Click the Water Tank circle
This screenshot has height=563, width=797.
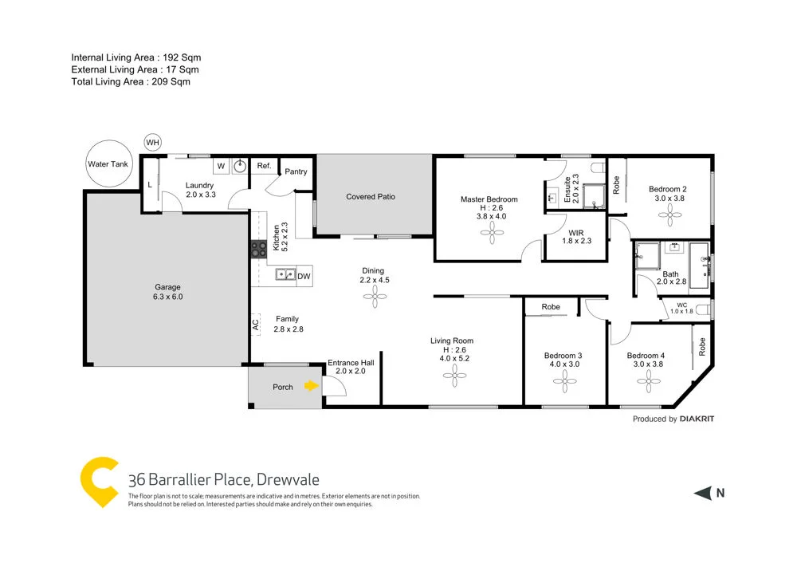(108, 164)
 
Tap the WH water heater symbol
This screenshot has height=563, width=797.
(152, 143)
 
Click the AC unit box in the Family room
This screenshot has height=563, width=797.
(255, 325)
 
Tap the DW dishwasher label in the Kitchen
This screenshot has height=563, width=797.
(304, 276)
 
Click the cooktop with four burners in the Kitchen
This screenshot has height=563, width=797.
(258, 249)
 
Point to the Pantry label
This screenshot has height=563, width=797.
(296, 171)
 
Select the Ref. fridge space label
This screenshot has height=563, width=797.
(264, 166)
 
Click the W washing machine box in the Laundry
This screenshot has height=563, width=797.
(221, 166)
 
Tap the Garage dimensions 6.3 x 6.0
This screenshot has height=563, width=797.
(168, 297)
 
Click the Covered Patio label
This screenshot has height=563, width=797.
(371, 196)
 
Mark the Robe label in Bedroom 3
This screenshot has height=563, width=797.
(550, 307)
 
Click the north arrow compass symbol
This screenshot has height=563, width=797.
(701, 494)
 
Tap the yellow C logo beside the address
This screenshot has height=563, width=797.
(100, 481)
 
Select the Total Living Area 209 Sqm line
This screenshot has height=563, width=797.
(131, 81)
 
